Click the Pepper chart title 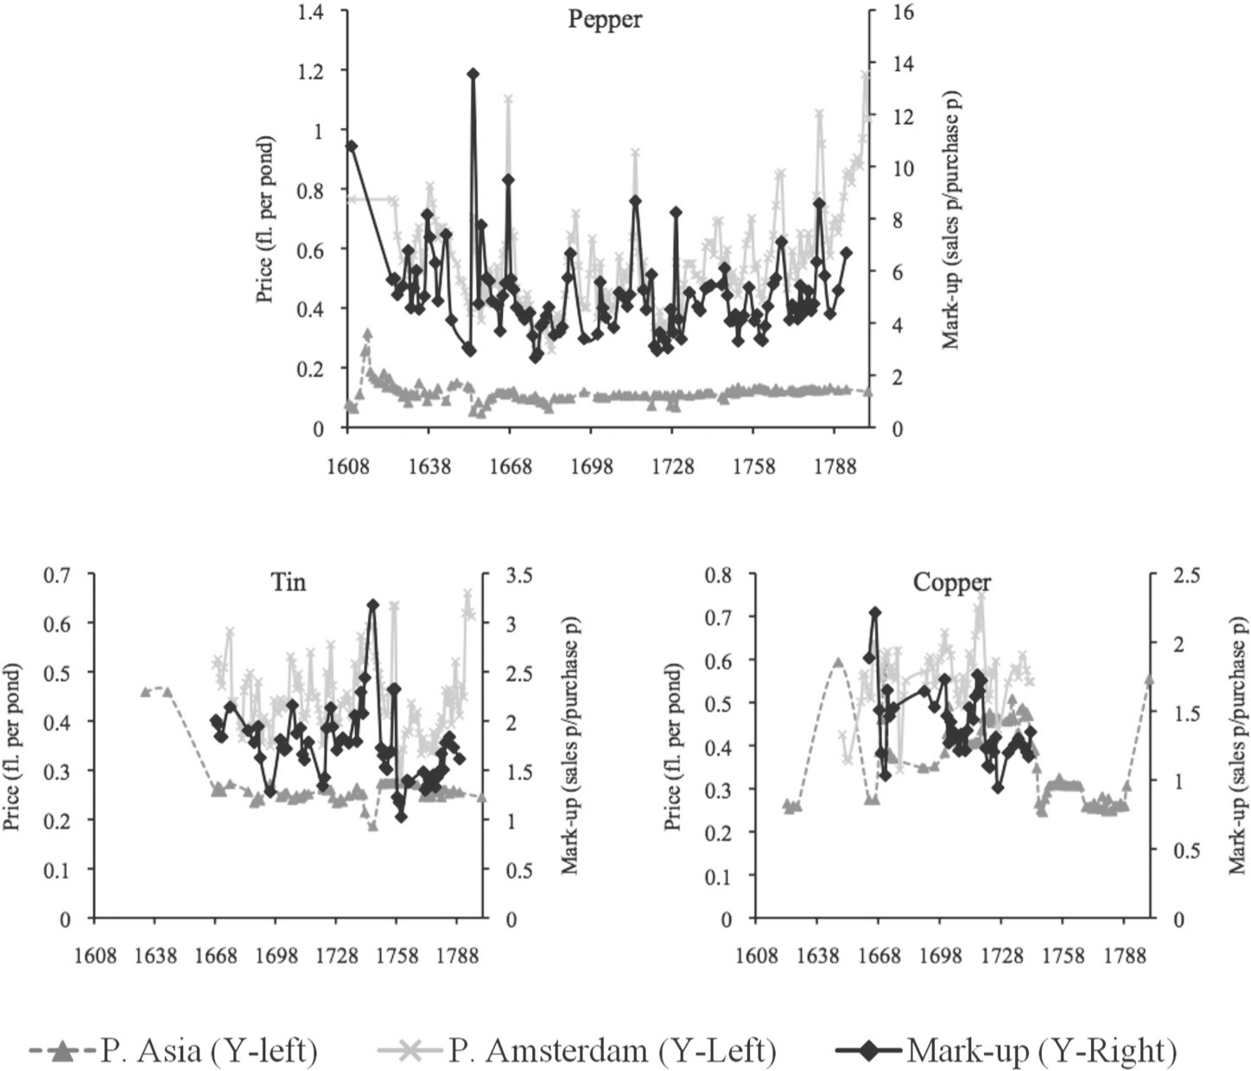tap(605, 19)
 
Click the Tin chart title tap(289, 582)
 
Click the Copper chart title tap(951, 582)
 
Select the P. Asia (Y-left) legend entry tap(173, 1050)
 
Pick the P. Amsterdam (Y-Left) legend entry tap(577, 1050)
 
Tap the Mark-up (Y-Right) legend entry tap(1007, 1050)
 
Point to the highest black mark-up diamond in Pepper tap(473, 74)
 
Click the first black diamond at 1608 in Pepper tap(351, 146)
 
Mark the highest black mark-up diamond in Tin tap(372, 605)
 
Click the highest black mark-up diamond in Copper tap(875, 612)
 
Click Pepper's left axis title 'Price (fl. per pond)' tap(265, 219)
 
